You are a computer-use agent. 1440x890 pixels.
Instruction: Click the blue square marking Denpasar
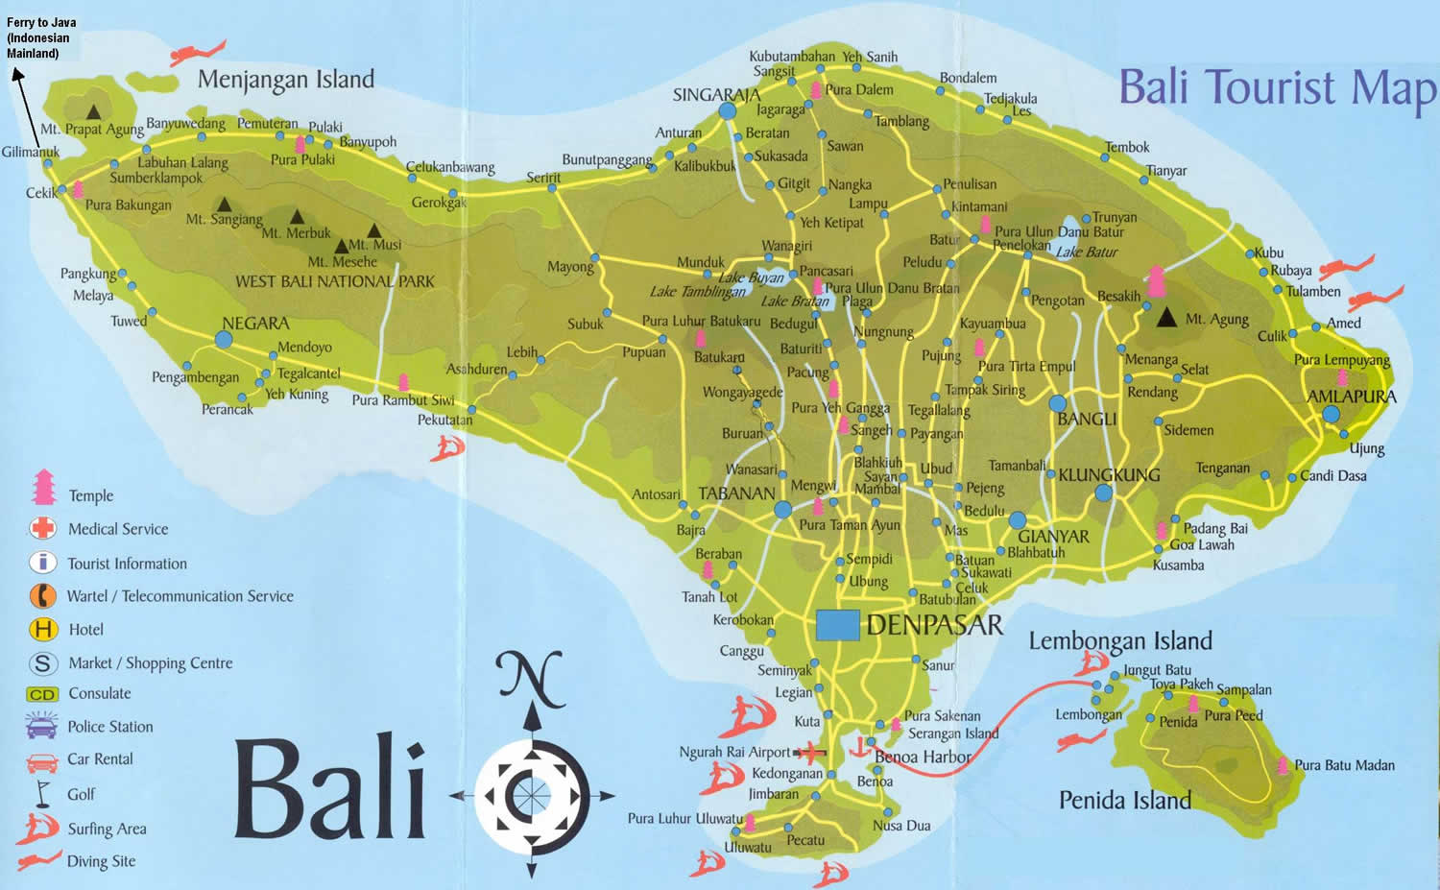pyautogui.click(x=837, y=625)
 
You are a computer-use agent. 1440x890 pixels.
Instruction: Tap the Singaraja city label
pyautogui.click(x=716, y=95)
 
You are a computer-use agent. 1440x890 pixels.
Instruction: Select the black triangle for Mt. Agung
pyautogui.click(x=1166, y=318)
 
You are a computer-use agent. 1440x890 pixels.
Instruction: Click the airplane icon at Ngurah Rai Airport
pyautogui.click(x=812, y=751)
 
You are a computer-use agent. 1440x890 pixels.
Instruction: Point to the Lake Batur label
pyautogui.click(x=1087, y=253)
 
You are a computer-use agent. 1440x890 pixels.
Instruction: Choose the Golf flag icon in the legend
pyautogui.click(x=41, y=792)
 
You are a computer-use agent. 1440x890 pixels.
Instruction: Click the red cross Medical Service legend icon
pyautogui.click(x=42, y=528)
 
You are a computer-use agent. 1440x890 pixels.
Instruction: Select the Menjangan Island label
pyautogui.click(x=285, y=80)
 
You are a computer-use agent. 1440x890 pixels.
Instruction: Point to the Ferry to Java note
pyautogui.click(x=41, y=37)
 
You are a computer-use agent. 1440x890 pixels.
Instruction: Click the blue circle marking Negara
pyautogui.click(x=224, y=339)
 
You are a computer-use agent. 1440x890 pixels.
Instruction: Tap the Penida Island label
pyautogui.click(x=1124, y=800)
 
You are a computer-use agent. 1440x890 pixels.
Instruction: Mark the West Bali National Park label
pyautogui.click(x=334, y=281)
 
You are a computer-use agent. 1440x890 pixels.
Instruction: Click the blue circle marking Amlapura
pyautogui.click(x=1331, y=415)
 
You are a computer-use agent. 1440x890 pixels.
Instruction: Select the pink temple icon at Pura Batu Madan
pyautogui.click(x=1283, y=765)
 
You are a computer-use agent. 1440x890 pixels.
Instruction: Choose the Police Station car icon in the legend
pyautogui.click(x=41, y=726)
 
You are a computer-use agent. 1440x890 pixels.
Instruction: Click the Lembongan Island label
pyautogui.click(x=1120, y=640)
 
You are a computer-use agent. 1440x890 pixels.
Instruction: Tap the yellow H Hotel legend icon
pyautogui.click(x=43, y=630)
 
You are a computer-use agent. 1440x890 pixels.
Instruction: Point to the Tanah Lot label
pyautogui.click(x=709, y=597)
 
